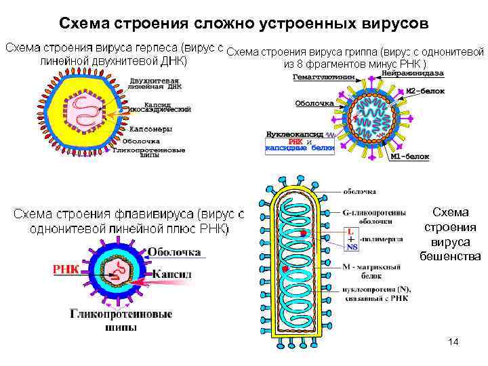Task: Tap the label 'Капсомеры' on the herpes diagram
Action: [x=150, y=129]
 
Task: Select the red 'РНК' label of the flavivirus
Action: [x=66, y=270]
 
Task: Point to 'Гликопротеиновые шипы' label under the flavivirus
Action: [x=121, y=321]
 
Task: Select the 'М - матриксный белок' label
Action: [x=368, y=270]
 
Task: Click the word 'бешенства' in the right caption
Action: [x=453, y=257]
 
